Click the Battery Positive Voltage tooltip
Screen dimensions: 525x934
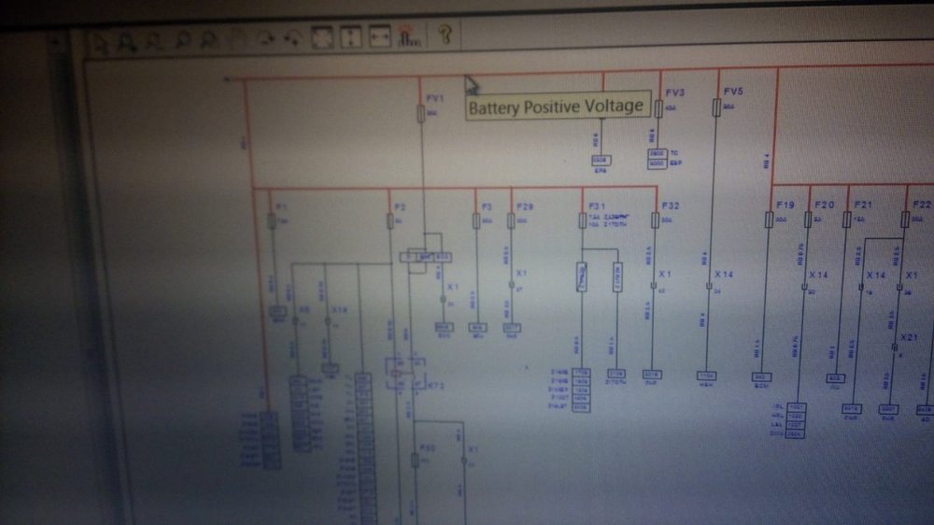point(556,106)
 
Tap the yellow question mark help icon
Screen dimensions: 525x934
point(445,35)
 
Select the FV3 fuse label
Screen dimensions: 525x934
point(675,93)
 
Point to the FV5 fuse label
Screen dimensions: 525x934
point(733,92)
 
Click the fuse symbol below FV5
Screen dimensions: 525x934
point(716,108)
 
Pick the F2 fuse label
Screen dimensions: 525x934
point(400,206)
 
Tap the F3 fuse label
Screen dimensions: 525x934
point(487,206)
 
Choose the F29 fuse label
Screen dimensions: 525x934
point(524,206)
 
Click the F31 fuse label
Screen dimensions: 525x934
point(598,205)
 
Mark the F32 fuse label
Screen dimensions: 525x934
point(671,205)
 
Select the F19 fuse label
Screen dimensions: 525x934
point(785,204)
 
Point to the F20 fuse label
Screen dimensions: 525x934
point(824,204)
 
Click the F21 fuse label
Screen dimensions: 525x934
point(862,204)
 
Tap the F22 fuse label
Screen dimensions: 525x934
point(921,204)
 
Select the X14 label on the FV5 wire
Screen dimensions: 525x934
point(725,275)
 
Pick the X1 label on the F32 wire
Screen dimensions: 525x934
point(666,274)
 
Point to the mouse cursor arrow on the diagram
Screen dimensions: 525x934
point(471,85)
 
